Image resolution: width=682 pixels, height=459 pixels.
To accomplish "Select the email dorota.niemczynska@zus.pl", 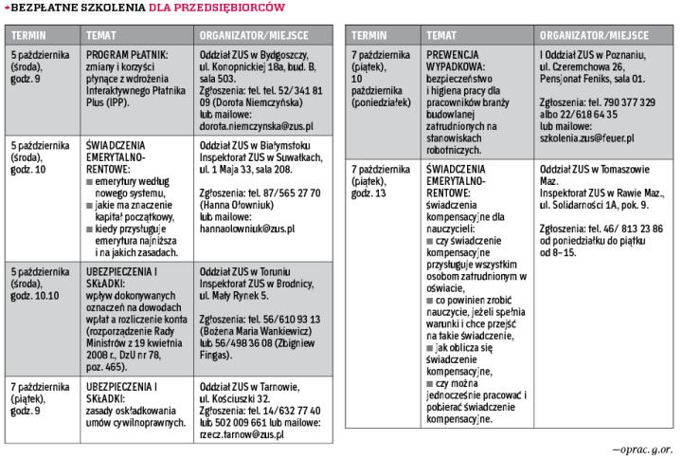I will pos(257,125).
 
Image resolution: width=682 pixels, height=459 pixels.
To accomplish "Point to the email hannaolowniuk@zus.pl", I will pos(247,229).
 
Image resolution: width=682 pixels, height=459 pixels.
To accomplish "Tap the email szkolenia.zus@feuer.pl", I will pos(586,138).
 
